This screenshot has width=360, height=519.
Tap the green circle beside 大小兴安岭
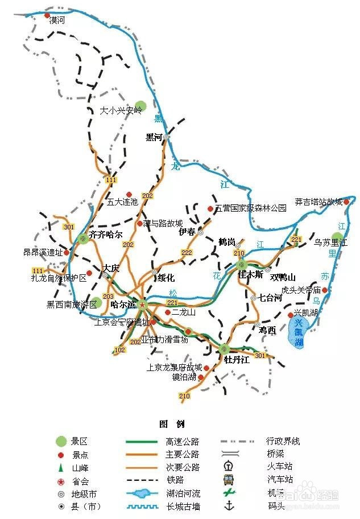click(x=140, y=105)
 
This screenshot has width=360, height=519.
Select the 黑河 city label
click(x=154, y=137)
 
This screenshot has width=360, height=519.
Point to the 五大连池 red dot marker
click(x=129, y=194)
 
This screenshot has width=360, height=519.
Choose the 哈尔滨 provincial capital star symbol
click(x=142, y=304)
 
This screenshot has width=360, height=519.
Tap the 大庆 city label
click(x=111, y=267)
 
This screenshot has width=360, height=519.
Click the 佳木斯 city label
click(x=251, y=274)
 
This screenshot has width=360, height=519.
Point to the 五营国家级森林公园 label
click(x=251, y=208)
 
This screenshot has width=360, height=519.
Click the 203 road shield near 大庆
click(x=108, y=296)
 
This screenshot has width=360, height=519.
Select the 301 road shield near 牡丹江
click(x=260, y=356)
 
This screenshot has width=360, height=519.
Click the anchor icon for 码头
click(x=229, y=505)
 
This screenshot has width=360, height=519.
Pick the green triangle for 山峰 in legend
click(x=61, y=467)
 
